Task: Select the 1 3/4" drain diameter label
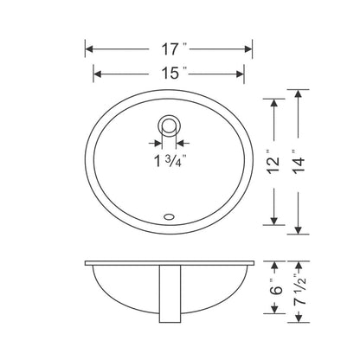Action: [170, 160]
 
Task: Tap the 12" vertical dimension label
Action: [273, 162]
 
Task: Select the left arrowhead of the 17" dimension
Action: [91, 48]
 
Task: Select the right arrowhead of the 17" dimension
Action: [247, 48]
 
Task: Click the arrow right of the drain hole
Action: [185, 141]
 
